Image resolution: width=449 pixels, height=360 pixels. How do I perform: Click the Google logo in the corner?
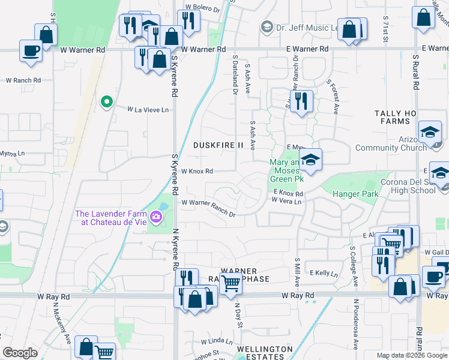click(x=20, y=353)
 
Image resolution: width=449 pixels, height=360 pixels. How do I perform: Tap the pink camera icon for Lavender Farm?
click(x=157, y=217)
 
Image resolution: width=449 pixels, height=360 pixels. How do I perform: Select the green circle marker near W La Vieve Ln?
click(x=107, y=102)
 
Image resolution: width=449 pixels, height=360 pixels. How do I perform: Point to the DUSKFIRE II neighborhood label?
click(x=218, y=145)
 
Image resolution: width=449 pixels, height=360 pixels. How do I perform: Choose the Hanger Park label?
click(x=357, y=194)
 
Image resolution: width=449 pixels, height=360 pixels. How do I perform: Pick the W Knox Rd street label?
click(x=197, y=171)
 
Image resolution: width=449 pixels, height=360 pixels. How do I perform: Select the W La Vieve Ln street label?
click(x=148, y=110)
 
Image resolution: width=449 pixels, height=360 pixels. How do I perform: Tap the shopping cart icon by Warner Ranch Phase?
click(x=231, y=282)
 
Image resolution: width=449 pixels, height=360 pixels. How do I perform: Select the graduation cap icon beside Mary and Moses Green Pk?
click(x=310, y=160)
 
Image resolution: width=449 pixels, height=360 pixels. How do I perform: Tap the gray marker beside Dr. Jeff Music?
click(x=267, y=27)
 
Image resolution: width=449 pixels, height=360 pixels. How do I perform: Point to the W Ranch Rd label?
click(x=23, y=80)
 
